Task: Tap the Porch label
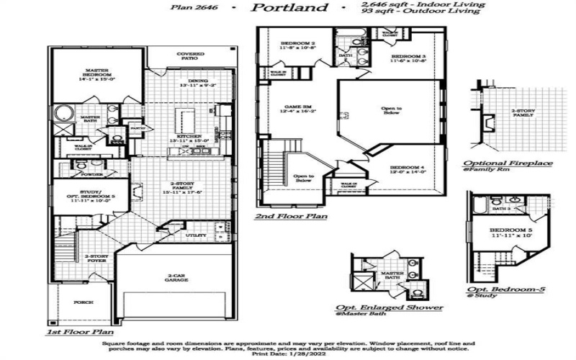84,303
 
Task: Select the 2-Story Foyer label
96,258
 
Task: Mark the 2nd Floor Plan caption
291,216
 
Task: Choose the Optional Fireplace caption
508,163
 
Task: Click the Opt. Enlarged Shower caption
390,307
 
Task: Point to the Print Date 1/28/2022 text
288,352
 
